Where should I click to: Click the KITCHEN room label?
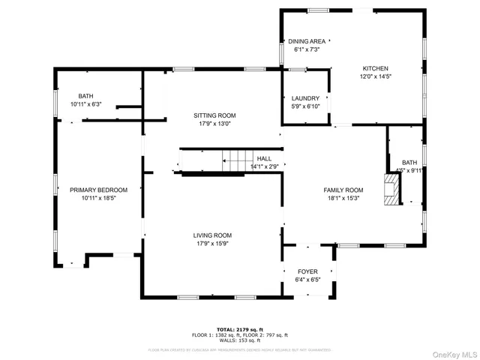[x=376, y=68]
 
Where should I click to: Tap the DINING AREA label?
[x=307, y=41]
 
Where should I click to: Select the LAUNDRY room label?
[x=305, y=98]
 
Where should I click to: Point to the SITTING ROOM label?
[x=214, y=115]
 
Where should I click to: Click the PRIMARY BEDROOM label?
[x=98, y=190]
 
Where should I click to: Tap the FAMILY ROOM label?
[x=343, y=190]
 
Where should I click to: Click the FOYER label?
[x=307, y=271]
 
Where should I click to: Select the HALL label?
[x=264, y=158]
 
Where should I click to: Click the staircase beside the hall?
[x=238, y=160]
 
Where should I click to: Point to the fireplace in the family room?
[x=391, y=190]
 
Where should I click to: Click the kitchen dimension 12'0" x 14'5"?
[x=376, y=76]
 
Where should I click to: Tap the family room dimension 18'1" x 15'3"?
[x=343, y=198]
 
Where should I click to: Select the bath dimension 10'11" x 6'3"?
[x=86, y=104]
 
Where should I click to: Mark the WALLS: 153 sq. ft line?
[x=240, y=340]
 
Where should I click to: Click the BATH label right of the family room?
[x=409, y=162]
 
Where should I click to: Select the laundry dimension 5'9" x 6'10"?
[x=305, y=106]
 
